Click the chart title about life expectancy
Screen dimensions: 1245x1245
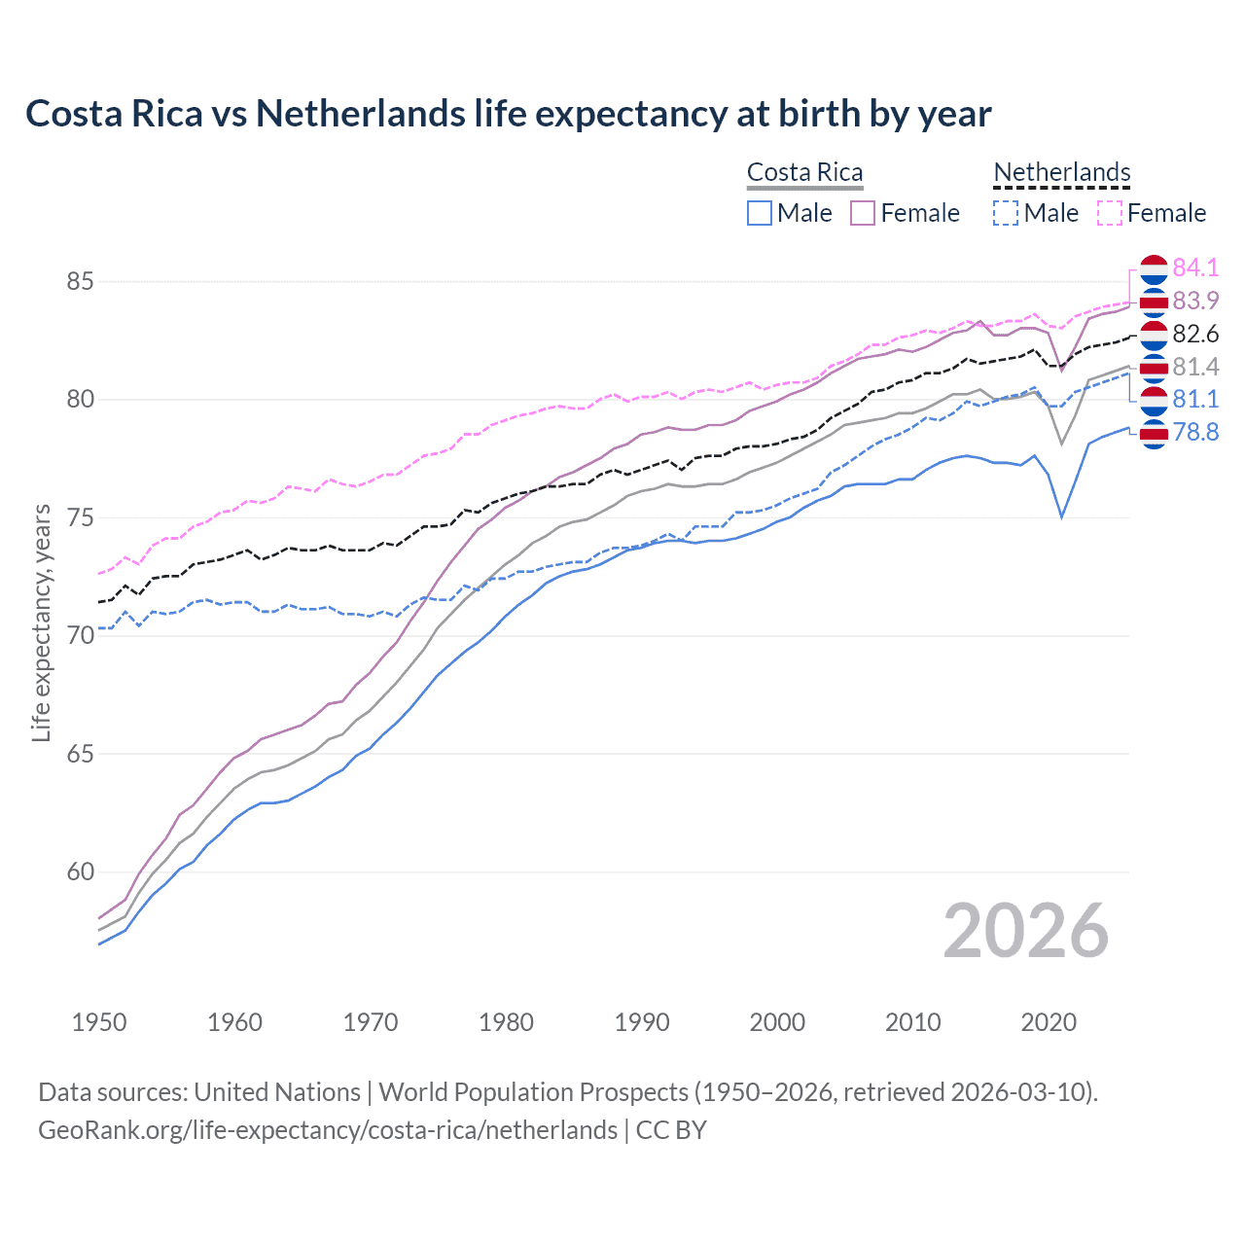point(508,114)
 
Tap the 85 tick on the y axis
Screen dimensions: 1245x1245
point(80,282)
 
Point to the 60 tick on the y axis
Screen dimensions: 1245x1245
point(80,872)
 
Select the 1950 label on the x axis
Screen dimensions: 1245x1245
point(99,1022)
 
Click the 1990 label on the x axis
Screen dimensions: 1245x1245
point(642,1022)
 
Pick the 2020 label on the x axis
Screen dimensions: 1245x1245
point(1049,1022)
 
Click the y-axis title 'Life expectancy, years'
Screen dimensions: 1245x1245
point(42,622)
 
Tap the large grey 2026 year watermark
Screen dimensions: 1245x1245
point(1025,932)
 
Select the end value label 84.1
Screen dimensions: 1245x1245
point(1195,267)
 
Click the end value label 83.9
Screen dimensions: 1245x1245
point(1195,301)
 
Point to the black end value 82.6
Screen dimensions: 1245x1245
point(1195,334)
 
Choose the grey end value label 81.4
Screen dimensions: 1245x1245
point(1195,367)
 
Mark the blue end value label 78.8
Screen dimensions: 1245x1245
point(1195,432)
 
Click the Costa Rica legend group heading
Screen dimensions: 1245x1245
point(804,172)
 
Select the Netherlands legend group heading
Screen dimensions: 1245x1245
point(1061,172)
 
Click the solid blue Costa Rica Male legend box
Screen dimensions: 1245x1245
point(760,213)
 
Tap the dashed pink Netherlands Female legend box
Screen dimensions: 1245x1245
point(1110,213)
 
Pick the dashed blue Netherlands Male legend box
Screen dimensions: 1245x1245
point(1006,213)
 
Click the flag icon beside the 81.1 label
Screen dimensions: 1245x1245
point(1154,400)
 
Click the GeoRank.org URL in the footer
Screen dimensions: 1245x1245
point(328,1130)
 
